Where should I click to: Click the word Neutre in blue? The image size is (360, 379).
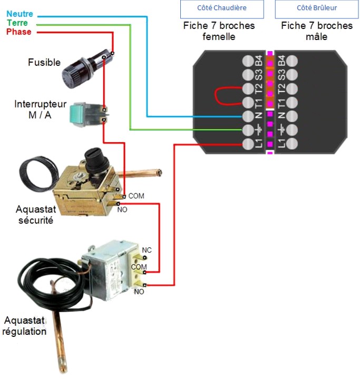click(18, 14)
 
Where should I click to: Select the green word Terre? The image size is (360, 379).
click(17, 23)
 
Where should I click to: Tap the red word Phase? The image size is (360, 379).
click(19, 32)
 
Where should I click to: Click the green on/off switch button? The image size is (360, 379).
click(83, 113)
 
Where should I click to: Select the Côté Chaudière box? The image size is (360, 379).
click(221, 8)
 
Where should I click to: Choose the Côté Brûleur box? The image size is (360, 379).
click(316, 8)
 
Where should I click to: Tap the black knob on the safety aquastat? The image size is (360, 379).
click(95, 159)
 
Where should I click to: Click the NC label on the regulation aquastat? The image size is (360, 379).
click(147, 250)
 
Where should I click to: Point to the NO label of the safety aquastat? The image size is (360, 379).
click(123, 209)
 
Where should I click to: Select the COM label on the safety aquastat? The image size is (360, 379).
click(136, 196)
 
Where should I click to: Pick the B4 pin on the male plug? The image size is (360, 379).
click(289, 61)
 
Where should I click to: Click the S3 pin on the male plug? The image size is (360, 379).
click(289, 74)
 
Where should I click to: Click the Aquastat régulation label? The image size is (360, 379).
click(25, 326)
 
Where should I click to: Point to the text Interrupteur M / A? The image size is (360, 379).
click(41, 109)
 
